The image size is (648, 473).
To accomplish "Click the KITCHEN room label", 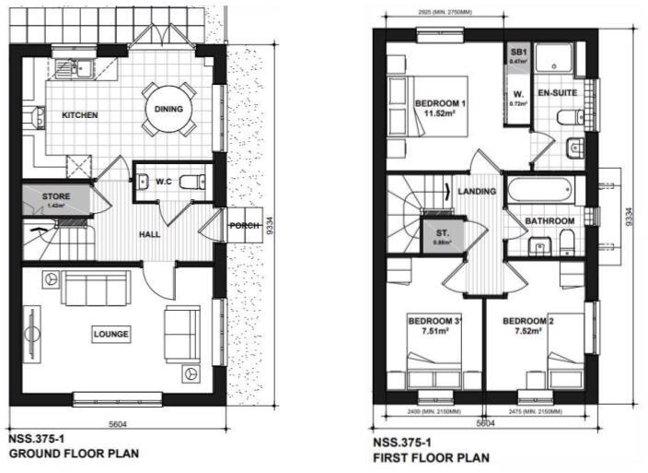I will tap(79, 115).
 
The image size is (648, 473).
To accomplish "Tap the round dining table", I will tap(168, 109).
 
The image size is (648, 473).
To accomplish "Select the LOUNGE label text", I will tap(110, 333).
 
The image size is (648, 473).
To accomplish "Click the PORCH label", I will tap(243, 225).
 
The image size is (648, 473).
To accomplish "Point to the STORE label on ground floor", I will tap(55, 196).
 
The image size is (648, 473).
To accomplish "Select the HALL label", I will tap(150, 235).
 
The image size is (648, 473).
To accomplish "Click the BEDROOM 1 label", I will tap(440, 102).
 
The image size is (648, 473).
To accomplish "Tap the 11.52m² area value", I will tap(440, 113).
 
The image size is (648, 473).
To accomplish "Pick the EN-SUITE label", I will tap(557, 94).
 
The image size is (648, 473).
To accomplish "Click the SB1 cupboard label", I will tap(517, 53).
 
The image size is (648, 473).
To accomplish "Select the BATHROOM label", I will tap(550, 221).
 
